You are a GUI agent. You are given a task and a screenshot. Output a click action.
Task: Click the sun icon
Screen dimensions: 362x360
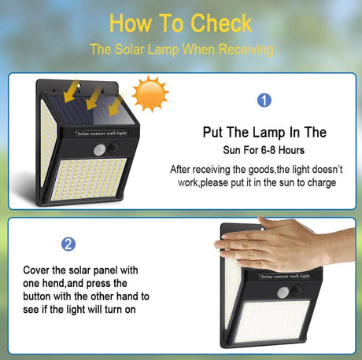[x=150, y=94]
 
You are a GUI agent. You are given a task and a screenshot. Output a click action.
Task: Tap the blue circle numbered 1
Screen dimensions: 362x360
[x=264, y=101]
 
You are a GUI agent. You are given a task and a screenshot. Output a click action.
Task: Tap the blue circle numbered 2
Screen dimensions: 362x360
[x=68, y=244]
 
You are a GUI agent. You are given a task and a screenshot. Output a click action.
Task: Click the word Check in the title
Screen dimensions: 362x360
[x=221, y=24]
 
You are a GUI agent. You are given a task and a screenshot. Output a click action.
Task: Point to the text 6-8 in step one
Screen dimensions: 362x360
[x=268, y=150]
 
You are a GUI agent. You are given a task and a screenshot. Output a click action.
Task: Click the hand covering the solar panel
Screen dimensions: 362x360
[x=285, y=244]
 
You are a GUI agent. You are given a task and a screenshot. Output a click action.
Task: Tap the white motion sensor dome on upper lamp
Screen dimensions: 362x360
[x=99, y=150]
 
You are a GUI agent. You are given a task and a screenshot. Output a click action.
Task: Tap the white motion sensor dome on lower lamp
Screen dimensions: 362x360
[x=283, y=292]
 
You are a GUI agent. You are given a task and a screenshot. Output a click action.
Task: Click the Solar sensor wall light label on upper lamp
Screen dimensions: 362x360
[x=102, y=134]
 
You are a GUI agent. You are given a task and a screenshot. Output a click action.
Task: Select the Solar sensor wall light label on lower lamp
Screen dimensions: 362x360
[x=286, y=277]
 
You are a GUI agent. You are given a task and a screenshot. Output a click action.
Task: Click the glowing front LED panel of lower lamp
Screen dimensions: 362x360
[x=273, y=321]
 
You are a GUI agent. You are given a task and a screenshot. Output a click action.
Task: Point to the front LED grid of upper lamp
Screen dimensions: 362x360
[x=88, y=179]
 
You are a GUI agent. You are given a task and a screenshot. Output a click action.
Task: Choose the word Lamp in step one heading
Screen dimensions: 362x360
[x=269, y=133]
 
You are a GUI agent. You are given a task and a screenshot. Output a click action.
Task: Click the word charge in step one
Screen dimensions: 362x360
[x=322, y=182]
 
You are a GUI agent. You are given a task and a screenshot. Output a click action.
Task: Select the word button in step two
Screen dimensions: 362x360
[x=37, y=296]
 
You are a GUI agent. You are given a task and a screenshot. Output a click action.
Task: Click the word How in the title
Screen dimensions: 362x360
[x=131, y=24]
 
